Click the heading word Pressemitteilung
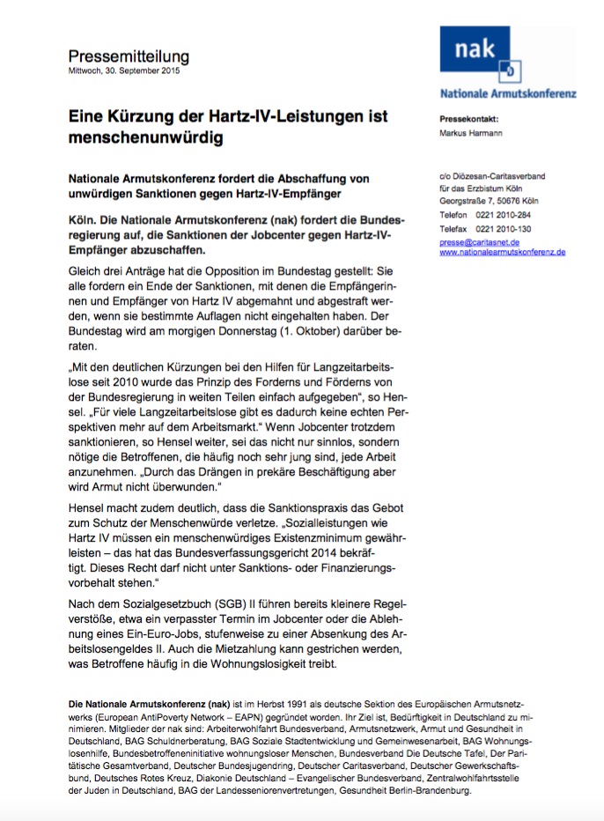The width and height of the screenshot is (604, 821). (x=129, y=56)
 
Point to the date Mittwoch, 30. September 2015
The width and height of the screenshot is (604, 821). (x=124, y=71)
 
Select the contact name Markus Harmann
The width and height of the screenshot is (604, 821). (x=472, y=134)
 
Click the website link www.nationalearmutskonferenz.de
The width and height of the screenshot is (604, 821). (x=502, y=252)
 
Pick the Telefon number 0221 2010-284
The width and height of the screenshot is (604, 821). (x=515, y=214)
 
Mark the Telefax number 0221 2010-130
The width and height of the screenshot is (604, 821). (x=515, y=227)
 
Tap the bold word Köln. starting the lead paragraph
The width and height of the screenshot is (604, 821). (x=85, y=217)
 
